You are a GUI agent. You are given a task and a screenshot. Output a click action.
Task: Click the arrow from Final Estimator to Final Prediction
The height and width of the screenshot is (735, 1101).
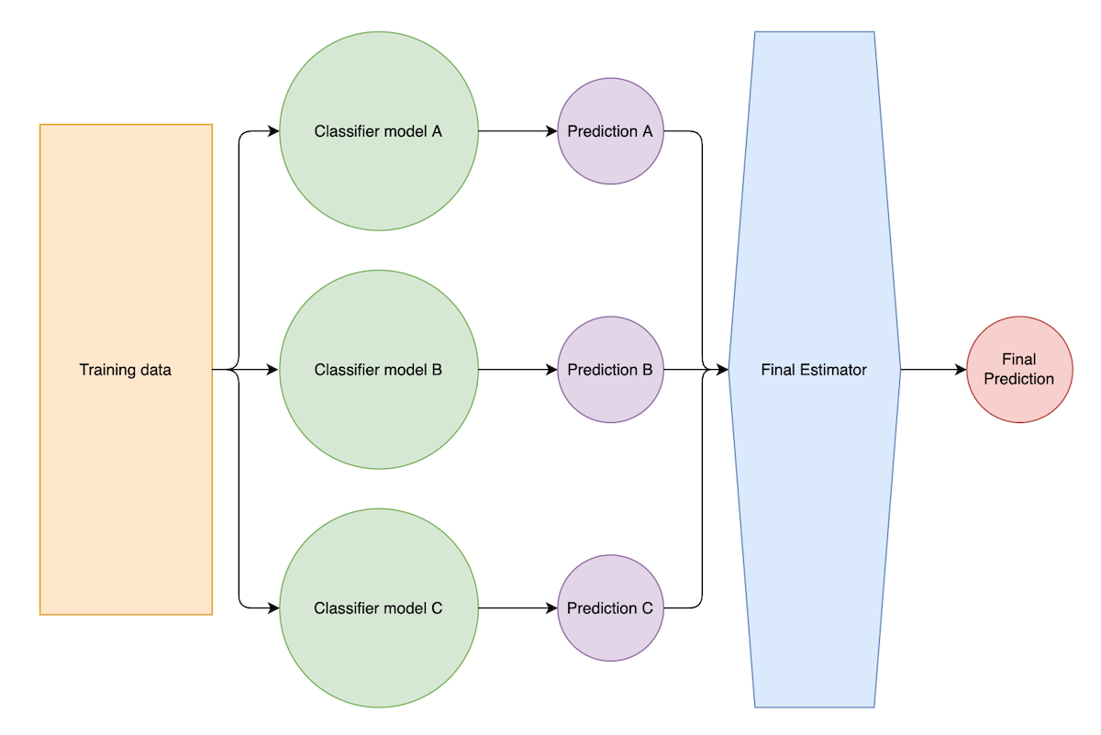click(931, 370)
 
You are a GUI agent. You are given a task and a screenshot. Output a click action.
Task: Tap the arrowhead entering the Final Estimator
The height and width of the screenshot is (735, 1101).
click(722, 370)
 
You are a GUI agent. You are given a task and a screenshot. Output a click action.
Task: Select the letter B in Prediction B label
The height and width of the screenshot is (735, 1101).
click(647, 370)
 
